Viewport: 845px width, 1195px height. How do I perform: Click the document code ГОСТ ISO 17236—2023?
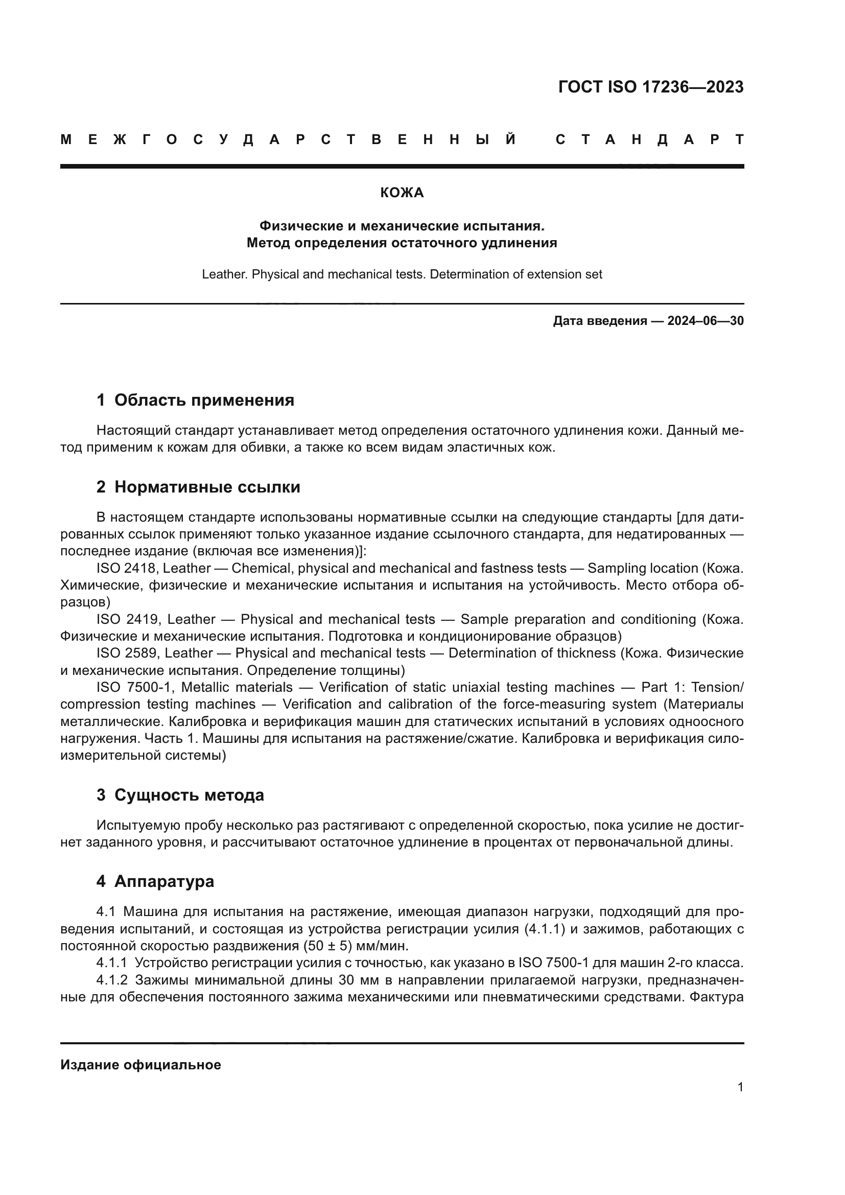pyautogui.click(x=650, y=87)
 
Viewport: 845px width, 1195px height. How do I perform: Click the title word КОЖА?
pyautogui.click(x=402, y=193)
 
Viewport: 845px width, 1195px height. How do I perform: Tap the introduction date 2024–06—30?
pyautogui.click(x=705, y=321)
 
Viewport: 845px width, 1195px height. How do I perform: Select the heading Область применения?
pyautogui.click(x=204, y=400)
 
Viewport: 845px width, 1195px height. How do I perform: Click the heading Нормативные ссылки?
pyautogui.click(x=207, y=487)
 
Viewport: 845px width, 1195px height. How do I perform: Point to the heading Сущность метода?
pyautogui.click(x=189, y=795)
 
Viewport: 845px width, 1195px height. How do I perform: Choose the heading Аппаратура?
pyautogui.click(x=164, y=881)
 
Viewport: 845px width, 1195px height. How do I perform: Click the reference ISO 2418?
pyautogui.click(x=125, y=568)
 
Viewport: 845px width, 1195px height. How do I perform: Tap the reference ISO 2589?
pyautogui.click(x=125, y=653)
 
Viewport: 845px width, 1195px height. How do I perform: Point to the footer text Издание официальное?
pyautogui.click(x=140, y=1065)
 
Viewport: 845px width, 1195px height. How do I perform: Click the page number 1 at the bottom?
pyautogui.click(x=740, y=1087)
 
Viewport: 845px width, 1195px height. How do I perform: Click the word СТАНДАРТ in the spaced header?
pyautogui.click(x=649, y=140)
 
